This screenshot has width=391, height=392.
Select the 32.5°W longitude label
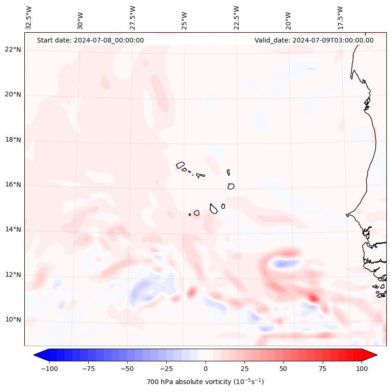pyautogui.click(x=29, y=18)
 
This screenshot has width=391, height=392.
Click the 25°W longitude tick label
pyautogui.click(x=185, y=18)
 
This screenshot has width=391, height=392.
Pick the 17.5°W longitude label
pyautogui.click(x=340, y=18)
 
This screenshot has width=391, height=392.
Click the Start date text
pyautogui.click(x=90, y=40)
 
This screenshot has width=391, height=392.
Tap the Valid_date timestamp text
pyautogui.click(x=314, y=40)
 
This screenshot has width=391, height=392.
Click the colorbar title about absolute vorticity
pyautogui.click(x=205, y=382)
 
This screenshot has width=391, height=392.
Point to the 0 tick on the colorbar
pyautogui.click(x=205, y=369)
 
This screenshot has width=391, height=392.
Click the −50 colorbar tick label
pyautogui.click(x=127, y=369)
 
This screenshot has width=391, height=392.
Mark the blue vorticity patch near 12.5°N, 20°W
pyautogui.click(x=283, y=264)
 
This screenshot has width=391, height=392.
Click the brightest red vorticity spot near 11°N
pyautogui.click(x=313, y=297)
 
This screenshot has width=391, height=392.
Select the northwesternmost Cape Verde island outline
pyautogui.click(x=180, y=165)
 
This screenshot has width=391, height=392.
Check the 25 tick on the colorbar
pyautogui.click(x=244, y=369)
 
